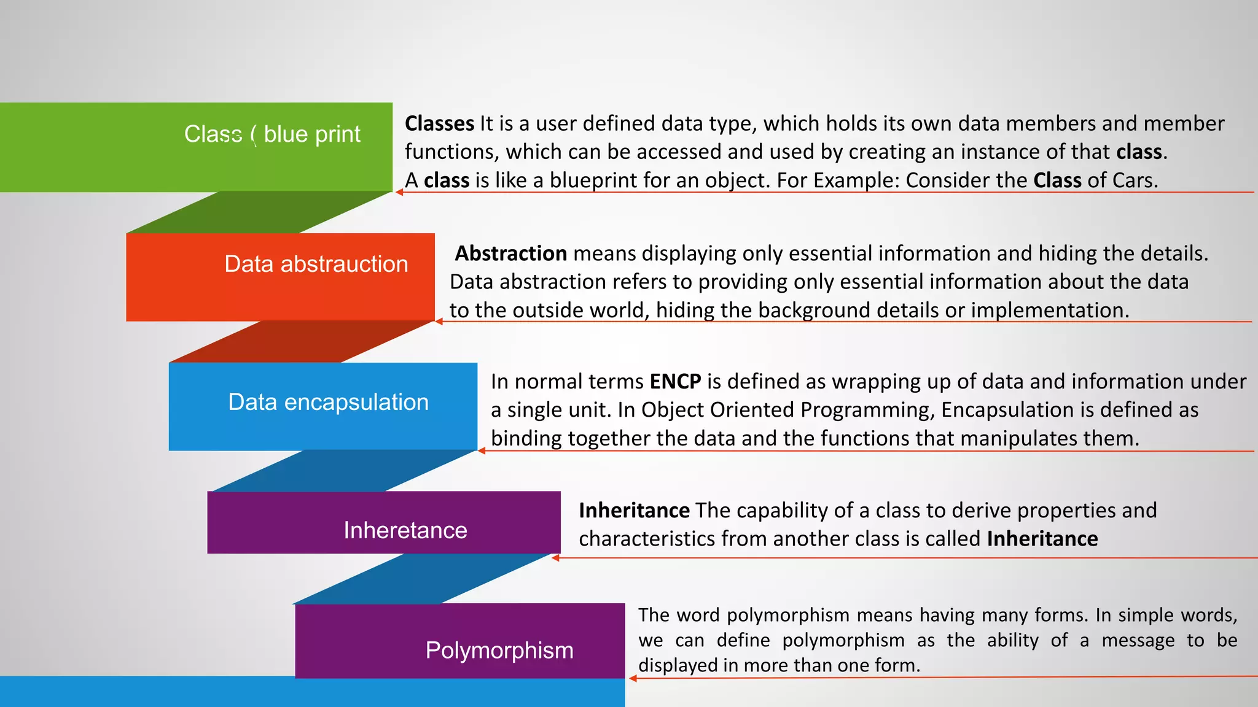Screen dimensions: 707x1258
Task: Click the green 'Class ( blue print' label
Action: click(x=272, y=134)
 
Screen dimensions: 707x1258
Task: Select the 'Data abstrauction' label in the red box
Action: click(x=316, y=264)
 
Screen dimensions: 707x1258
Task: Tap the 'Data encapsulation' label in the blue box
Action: click(x=328, y=402)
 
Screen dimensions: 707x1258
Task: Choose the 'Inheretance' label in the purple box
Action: click(x=405, y=530)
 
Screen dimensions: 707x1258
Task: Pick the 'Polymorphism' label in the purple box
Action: click(x=499, y=650)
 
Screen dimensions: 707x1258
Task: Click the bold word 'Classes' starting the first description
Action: click(x=439, y=123)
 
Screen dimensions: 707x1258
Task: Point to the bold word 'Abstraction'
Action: click(x=510, y=253)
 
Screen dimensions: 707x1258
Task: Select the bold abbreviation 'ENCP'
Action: click(x=675, y=382)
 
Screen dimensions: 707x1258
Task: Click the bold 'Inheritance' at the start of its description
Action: click(x=634, y=511)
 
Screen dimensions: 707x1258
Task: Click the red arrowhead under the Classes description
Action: click(x=399, y=192)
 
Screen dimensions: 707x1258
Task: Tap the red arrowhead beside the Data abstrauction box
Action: click(x=439, y=321)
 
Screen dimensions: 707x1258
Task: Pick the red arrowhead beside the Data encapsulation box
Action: click(x=482, y=451)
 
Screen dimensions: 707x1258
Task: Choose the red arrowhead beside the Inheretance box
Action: click(x=556, y=558)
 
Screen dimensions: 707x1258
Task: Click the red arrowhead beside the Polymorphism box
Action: click(x=633, y=678)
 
